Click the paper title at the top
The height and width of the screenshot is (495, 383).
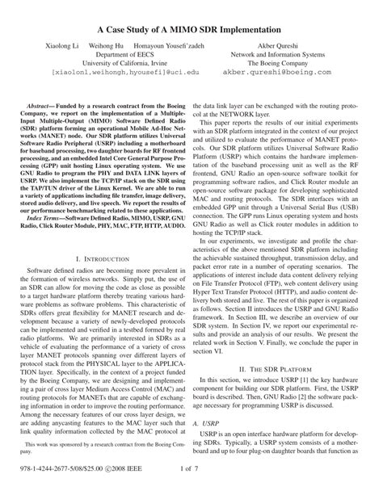coord(191,29)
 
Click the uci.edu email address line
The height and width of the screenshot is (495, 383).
coord(111,71)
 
